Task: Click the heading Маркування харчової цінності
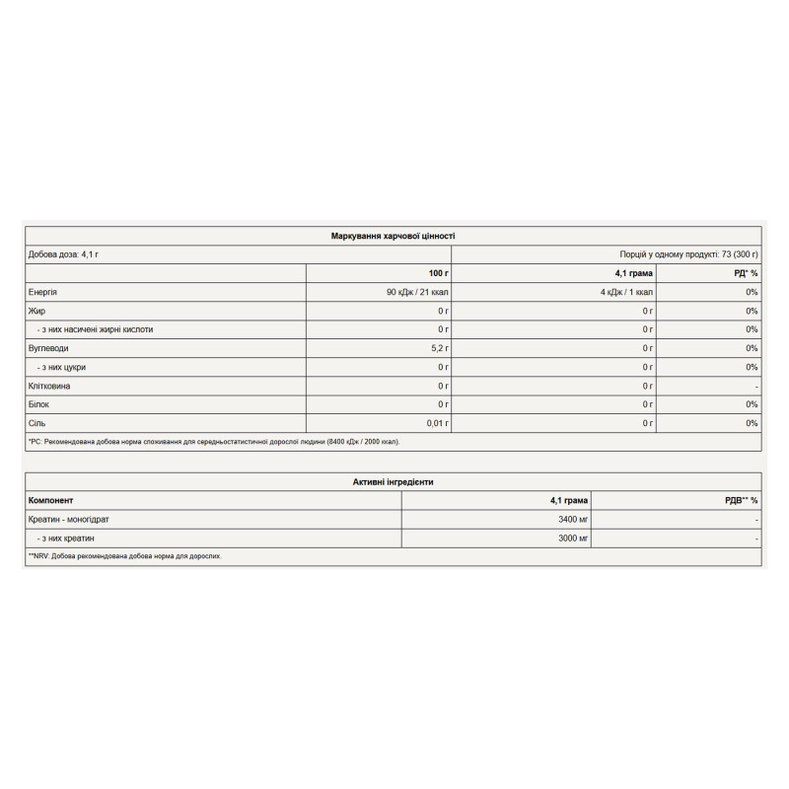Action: tap(393, 237)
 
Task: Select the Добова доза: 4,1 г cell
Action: tap(64, 254)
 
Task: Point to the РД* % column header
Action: tap(746, 273)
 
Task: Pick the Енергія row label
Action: tap(46, 292)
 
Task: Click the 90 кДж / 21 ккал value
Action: tap(417, 292)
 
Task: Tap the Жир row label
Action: tap(37, 311)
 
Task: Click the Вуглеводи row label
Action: tap(50, 348)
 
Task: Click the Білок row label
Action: tap(41, 404)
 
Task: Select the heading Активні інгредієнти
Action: tap(393, 482)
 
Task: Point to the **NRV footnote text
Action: tap(125, 556)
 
